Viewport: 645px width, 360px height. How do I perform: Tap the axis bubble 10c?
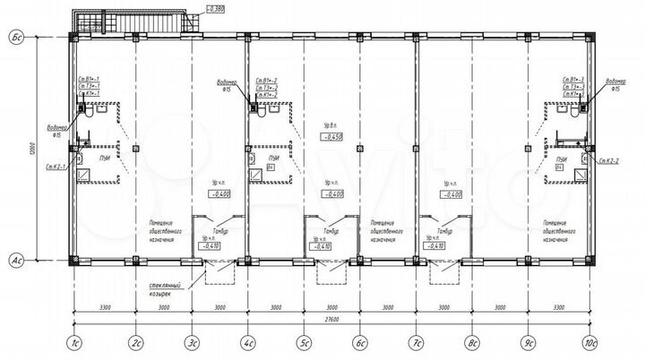(x=590, y=343)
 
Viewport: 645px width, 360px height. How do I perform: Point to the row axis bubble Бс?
(x=15, y=37)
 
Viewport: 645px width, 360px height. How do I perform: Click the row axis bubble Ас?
(x=15, y=261)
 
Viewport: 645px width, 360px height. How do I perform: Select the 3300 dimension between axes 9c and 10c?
(x=559, y=306)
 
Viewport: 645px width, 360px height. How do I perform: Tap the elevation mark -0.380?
(x=215, y=8)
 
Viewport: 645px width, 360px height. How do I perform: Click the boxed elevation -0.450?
(x=332, y=137)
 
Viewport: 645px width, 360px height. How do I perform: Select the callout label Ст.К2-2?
(x=612, y=160)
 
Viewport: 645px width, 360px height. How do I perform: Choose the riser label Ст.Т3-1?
(x=89, y=86)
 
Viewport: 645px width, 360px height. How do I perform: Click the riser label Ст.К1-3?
(x=574, y=93)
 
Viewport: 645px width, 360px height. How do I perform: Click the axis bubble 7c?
(x=417, y=343)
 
